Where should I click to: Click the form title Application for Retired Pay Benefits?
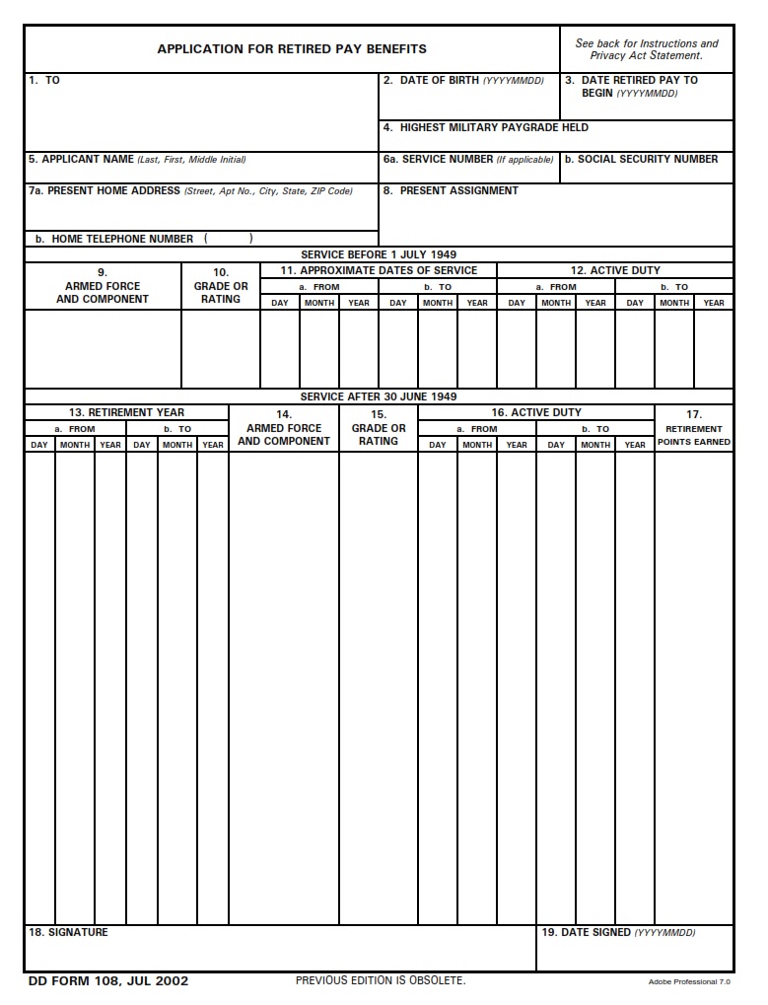coord(292,48)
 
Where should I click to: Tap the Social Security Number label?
coord(641,159)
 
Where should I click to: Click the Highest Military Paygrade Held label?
coord(486,127)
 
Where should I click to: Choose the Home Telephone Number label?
coord(114,239)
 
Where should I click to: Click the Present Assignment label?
coord(451,190)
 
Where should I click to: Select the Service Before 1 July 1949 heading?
coord(379,254)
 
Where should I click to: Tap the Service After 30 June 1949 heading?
coord(379,396)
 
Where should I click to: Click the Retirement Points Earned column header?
coord(694,435)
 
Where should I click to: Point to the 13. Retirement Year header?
coord(126,412)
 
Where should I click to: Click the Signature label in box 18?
coord(69,932)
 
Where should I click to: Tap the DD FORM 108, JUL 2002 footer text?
coord(108,980)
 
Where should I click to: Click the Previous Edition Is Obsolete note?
coord(381,980)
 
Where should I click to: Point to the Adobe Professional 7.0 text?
coord(689,982)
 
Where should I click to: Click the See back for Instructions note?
coord(647,49)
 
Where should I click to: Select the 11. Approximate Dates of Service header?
coord(379,270)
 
